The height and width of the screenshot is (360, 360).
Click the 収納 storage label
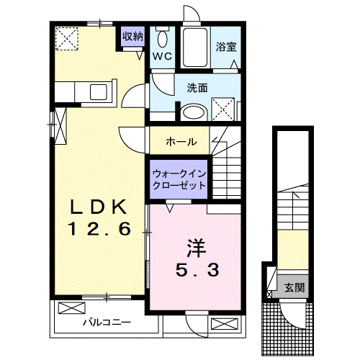pyautogui.click(x=132, y=36)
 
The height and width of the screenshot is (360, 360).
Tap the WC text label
pyautogui.click(x=162, y=55)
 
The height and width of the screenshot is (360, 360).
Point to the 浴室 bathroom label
pyautogui.click(x=225, y=48)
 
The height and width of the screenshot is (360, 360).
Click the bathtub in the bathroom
pyautogui.click(x=194, y=48)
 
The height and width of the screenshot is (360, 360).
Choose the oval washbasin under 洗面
pyautogui.click(x=192, y=112)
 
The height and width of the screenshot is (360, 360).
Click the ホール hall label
pyautogui.click(x=181, y=141)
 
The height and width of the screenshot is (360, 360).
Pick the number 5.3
pyautogui.click(x=194, y=271)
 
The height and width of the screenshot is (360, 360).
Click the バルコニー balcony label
pyautogui.click(x=105, y=322)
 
